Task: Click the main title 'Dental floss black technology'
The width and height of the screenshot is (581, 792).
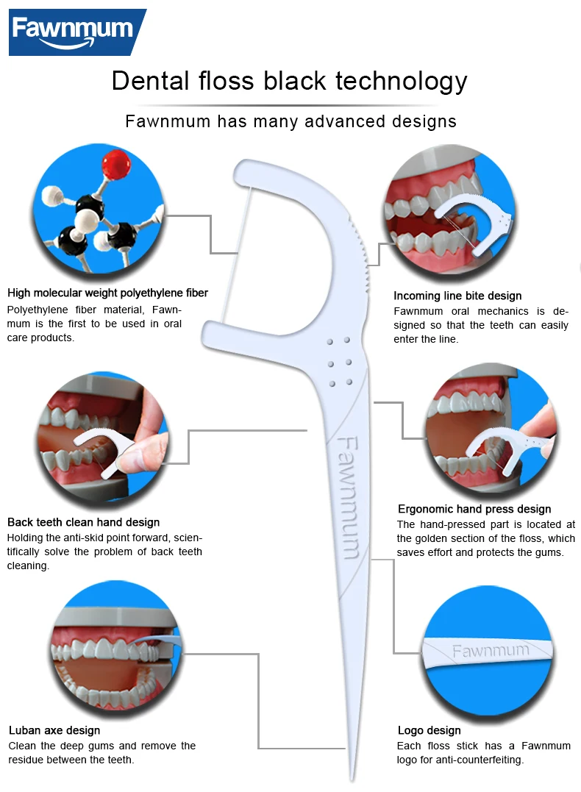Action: coord(289,81)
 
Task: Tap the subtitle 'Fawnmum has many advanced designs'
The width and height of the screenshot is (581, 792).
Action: coord(290,121)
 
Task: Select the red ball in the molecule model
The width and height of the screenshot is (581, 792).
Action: coord(114,163)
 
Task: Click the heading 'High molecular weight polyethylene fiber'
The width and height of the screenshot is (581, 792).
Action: coord(107,293)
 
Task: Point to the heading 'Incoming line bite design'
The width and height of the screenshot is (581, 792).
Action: coord(457,296)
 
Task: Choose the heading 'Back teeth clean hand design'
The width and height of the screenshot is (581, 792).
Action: coord(83,522)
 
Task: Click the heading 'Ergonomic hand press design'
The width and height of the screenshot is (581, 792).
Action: coord(474,509)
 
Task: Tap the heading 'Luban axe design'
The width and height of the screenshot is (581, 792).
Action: coord(54,730)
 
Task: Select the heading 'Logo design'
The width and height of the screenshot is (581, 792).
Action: coord(429,730)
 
